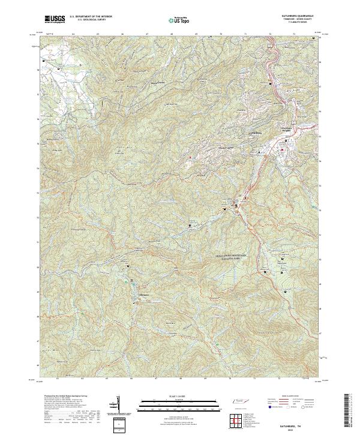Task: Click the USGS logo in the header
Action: coord(55,19)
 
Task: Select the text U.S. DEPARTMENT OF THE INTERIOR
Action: coord(91,16)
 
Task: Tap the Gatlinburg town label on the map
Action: coord(256,133)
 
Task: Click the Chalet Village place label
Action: coord(207,146)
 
